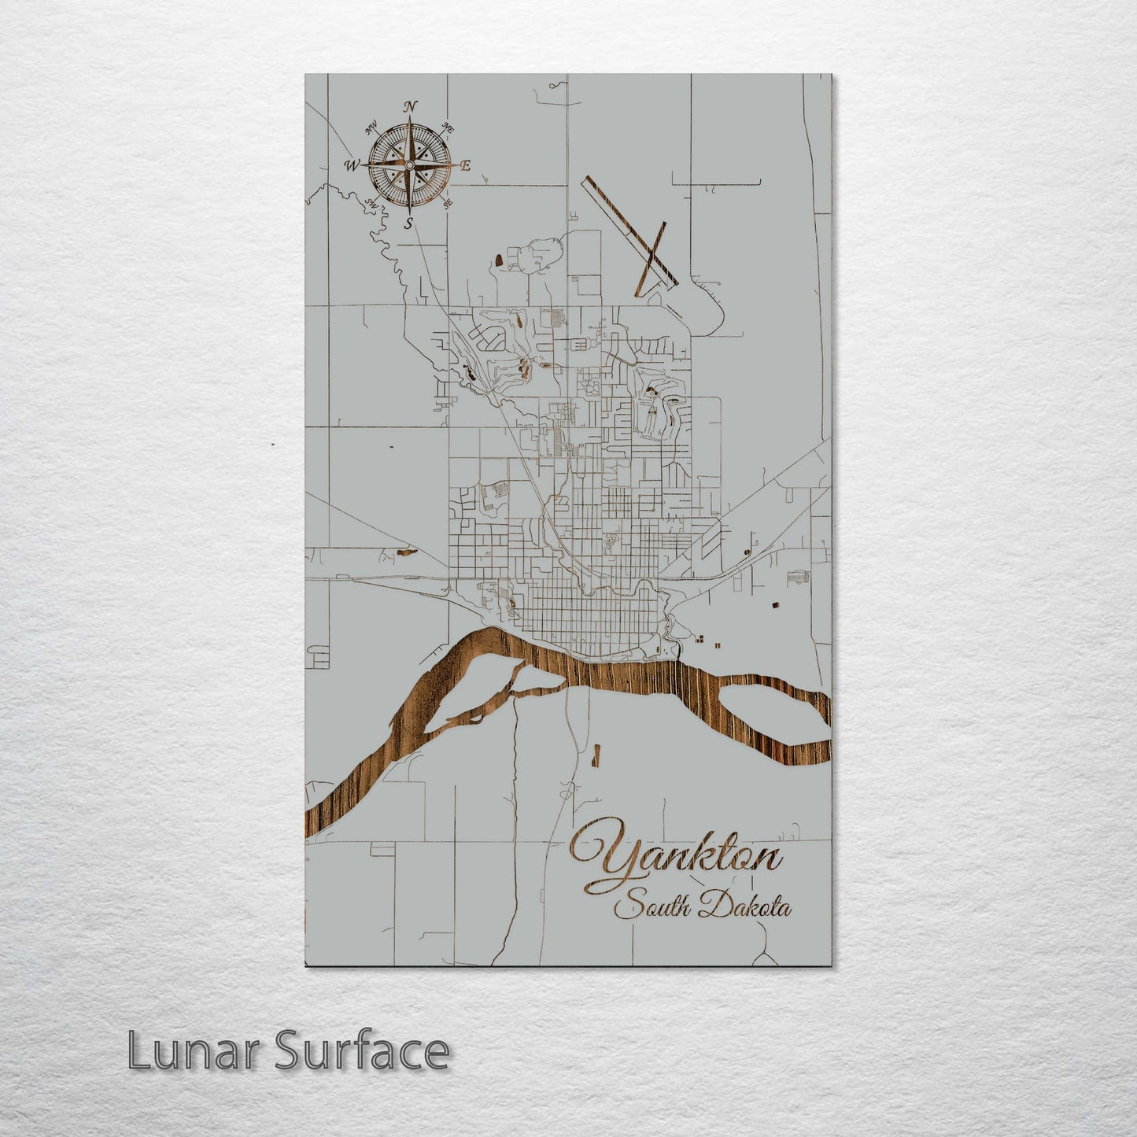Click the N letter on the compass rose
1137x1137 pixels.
pos(409,107)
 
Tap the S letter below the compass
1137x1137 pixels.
pos(408,223)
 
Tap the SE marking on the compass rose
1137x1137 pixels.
pos(448,203)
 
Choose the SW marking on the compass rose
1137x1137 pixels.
pos(371,203)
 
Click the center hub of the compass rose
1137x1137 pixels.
pos(409,164)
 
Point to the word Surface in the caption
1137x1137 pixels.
pos(361,1050)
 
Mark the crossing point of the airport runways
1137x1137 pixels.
pos(652,253)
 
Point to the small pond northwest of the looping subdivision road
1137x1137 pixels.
pos(499,260)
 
